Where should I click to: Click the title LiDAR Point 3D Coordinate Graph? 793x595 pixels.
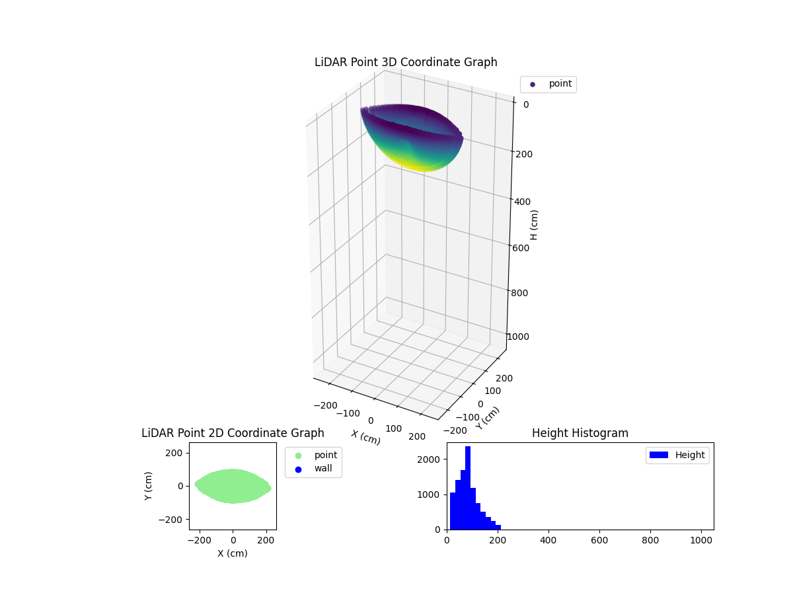click(406, 62)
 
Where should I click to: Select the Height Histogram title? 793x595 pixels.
click(580, 433)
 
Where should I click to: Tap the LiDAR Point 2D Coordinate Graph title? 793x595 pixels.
click(233, 433)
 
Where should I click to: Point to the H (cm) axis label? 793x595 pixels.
click(534, 225)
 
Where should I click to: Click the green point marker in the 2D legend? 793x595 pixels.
click(298, 456)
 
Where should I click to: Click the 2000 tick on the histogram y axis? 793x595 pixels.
click(434, 459)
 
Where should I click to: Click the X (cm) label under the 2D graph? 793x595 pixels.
click(233, 553)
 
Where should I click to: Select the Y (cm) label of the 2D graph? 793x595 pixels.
click(149, 486)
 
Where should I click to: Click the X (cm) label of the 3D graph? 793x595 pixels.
click(365, 437)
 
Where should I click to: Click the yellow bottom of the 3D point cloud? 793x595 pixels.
click(423, 165)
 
